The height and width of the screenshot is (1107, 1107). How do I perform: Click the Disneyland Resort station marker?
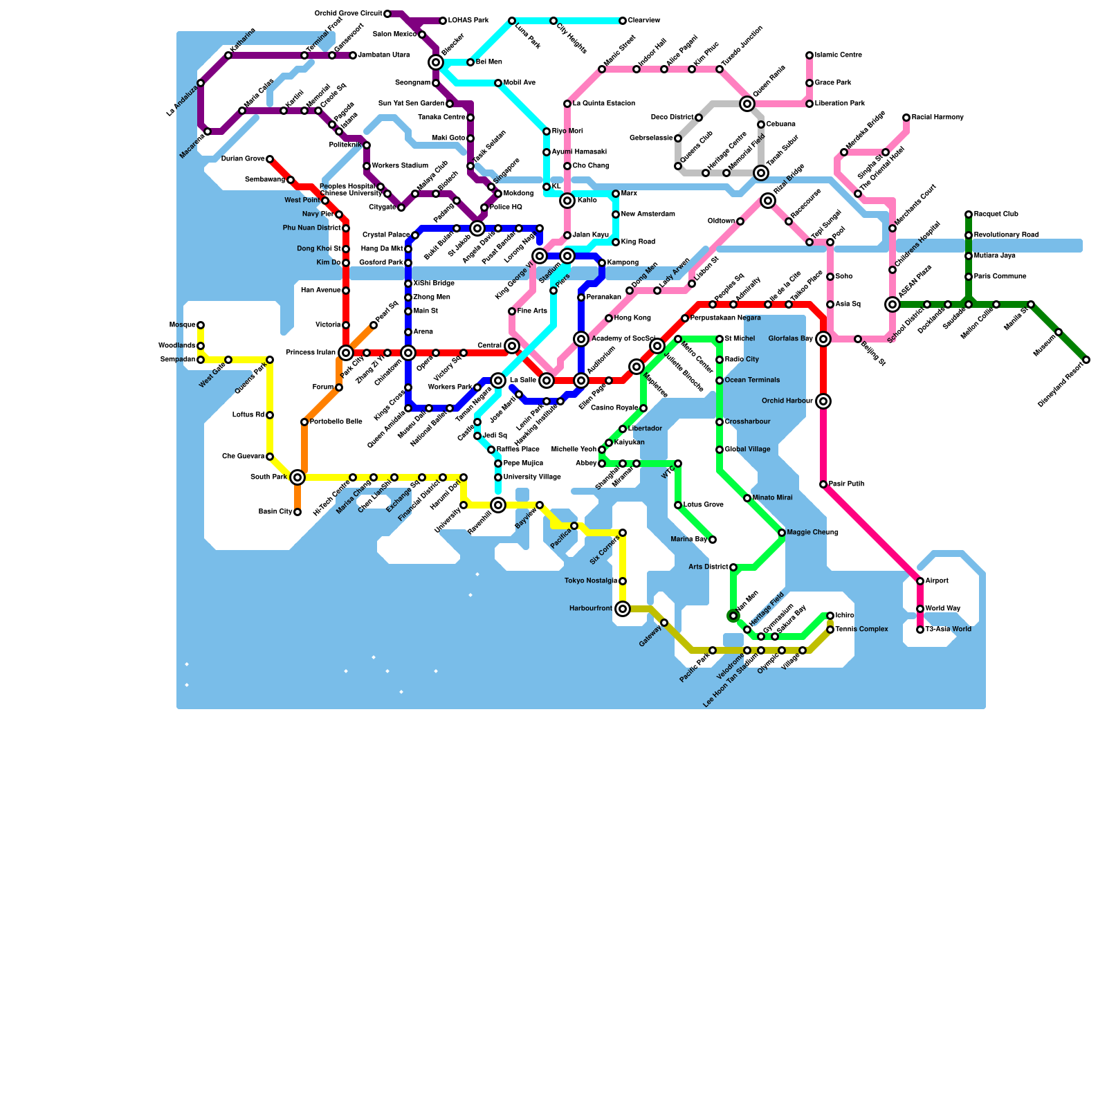pyautogui.click(x=1086, y=360)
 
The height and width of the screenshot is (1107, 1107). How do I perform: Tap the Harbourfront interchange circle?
pyautogui.click(x=623, y=609)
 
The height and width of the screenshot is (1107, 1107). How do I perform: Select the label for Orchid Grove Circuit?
pyautogui.click(x=348, y=14)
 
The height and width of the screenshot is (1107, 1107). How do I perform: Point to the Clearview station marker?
pyautogui.click(x=623, y=21)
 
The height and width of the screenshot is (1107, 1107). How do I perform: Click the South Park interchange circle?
pyautogui.click(x=298, y=477)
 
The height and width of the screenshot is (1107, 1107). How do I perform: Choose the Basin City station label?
pyautogui.click(x=275, y=512)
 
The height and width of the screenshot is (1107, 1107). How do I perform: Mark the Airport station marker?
pyautogui.click(x=920, y=581)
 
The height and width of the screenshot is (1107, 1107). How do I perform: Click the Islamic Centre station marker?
pyautogui.click(x=809, y=55)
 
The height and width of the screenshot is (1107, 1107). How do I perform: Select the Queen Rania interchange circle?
pyautogui.click(x=747, y=104)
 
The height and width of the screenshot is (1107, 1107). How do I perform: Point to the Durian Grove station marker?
pyautogui.click(x=270, y=159)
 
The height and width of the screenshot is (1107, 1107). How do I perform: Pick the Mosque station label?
pyautogui.click(x=182, y=325)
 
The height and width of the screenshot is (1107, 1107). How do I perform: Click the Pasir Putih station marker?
pyautogui.click(x=823, y=484)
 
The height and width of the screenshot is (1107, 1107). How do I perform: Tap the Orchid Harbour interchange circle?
pyautogui.click(x=823, y=401)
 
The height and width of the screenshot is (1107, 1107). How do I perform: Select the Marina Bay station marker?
pyautogui.click(x=713, y=540)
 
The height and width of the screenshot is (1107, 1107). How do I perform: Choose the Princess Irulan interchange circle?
pyautogui.click(x=346, y=353)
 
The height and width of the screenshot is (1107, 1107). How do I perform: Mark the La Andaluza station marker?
pyautogui.click(x=201, y=83)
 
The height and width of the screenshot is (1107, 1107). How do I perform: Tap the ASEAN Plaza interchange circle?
pyautogui.click(x=893, y=304)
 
